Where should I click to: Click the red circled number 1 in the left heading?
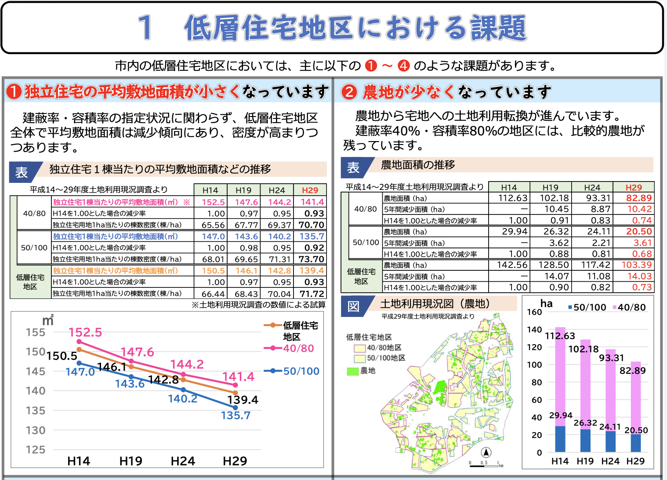pyautogui.click(x=14, y=91)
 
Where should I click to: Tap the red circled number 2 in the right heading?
pyautogui.click(x=349, y=91)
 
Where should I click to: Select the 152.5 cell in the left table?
pyautogui.click(x=213, y=202)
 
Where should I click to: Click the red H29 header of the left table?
pyautogui.click(x=310, y=190)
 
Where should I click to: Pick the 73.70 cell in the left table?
pyautogui.click(x=311, y=259)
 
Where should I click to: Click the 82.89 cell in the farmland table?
pyautogui.click(x=639, y=198)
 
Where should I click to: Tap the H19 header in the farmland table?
pyautogui.click(x=550, y=187)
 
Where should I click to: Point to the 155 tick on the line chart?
pyautogui.click(x=36, y=332)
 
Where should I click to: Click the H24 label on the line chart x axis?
pyautogui.click(x=183, y=461)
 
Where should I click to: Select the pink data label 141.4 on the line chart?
pyautogui.click(x=238, y=377)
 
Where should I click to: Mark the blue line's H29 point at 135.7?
pyautogui.click(x=236, y=408)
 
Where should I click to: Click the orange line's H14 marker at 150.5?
pyautogui.click(x=79, y=350)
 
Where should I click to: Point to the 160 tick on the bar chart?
pyautogui.click(x=534, y=312)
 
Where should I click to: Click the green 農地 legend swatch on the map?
pyautogui.click(x=353, y=371)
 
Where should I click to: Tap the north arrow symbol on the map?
pyautogui.click(x=486, y=452)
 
